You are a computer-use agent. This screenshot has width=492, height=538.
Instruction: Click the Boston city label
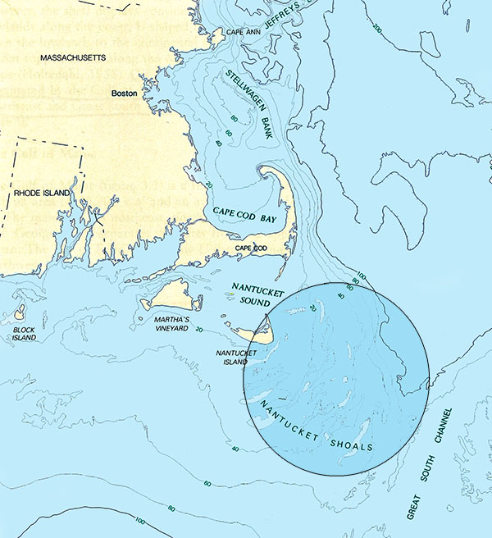126,93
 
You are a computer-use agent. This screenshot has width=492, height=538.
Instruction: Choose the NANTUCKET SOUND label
257,294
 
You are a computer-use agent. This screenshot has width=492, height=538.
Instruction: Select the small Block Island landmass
19,312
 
